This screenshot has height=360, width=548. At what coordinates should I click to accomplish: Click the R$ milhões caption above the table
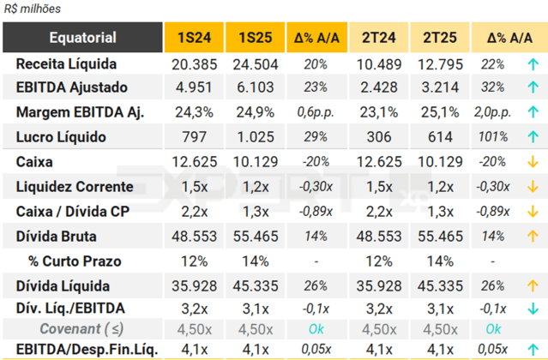(29, 8)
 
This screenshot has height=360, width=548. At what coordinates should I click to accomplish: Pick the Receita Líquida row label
(66, 64)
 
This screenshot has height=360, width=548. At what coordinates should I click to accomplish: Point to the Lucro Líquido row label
(57, 136)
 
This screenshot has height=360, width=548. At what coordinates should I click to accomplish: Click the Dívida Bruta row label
(56, 235)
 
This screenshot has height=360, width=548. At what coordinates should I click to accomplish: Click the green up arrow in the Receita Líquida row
(533, 64)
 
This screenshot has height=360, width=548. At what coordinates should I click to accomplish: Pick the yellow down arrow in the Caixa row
(533, 161)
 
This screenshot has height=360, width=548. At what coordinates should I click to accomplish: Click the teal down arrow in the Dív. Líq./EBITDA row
(533, 309)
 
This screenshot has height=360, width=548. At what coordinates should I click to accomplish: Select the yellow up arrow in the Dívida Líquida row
(533, 285)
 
